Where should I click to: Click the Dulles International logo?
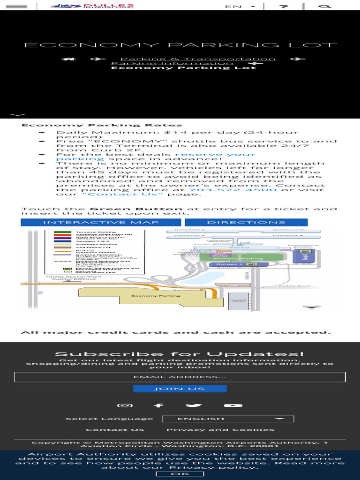tap(92, 6)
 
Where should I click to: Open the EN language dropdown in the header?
tap(240, 7)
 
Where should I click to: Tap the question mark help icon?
tap(283, 7)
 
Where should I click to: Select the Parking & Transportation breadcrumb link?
tap(193, 59)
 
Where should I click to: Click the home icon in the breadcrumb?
tap(69, 59)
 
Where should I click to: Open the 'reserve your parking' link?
tap(156, 157)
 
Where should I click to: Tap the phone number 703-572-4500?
tap(232, 189)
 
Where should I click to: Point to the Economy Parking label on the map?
tap(156, 296)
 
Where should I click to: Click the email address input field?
tap(180, 377)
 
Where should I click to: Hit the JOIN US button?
tap(180, 389)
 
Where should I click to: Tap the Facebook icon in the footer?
tap(159, 405)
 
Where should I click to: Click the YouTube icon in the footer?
tap(233, 405)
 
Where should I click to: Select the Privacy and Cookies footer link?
tap(220, 430)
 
